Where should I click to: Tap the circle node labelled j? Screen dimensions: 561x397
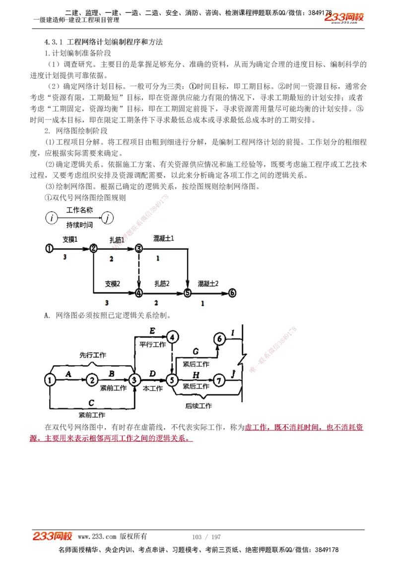point(108,217)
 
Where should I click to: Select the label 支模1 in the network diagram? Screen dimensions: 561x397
point(70,239)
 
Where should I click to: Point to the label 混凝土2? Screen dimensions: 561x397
point(208,283)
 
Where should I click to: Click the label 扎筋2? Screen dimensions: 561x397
point(162,283)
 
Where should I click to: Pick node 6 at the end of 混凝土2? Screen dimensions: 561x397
point(232,293)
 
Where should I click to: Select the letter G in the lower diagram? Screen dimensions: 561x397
point(196,351)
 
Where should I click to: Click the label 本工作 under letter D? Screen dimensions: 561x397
point(152,389)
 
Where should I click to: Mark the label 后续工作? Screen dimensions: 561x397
point(198,406)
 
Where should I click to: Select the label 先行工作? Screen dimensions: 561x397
point(93,355)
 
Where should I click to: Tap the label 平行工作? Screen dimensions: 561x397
point(152,344)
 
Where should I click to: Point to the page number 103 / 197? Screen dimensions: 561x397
point(206,537)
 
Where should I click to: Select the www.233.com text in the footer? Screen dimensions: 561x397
point(97,536)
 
